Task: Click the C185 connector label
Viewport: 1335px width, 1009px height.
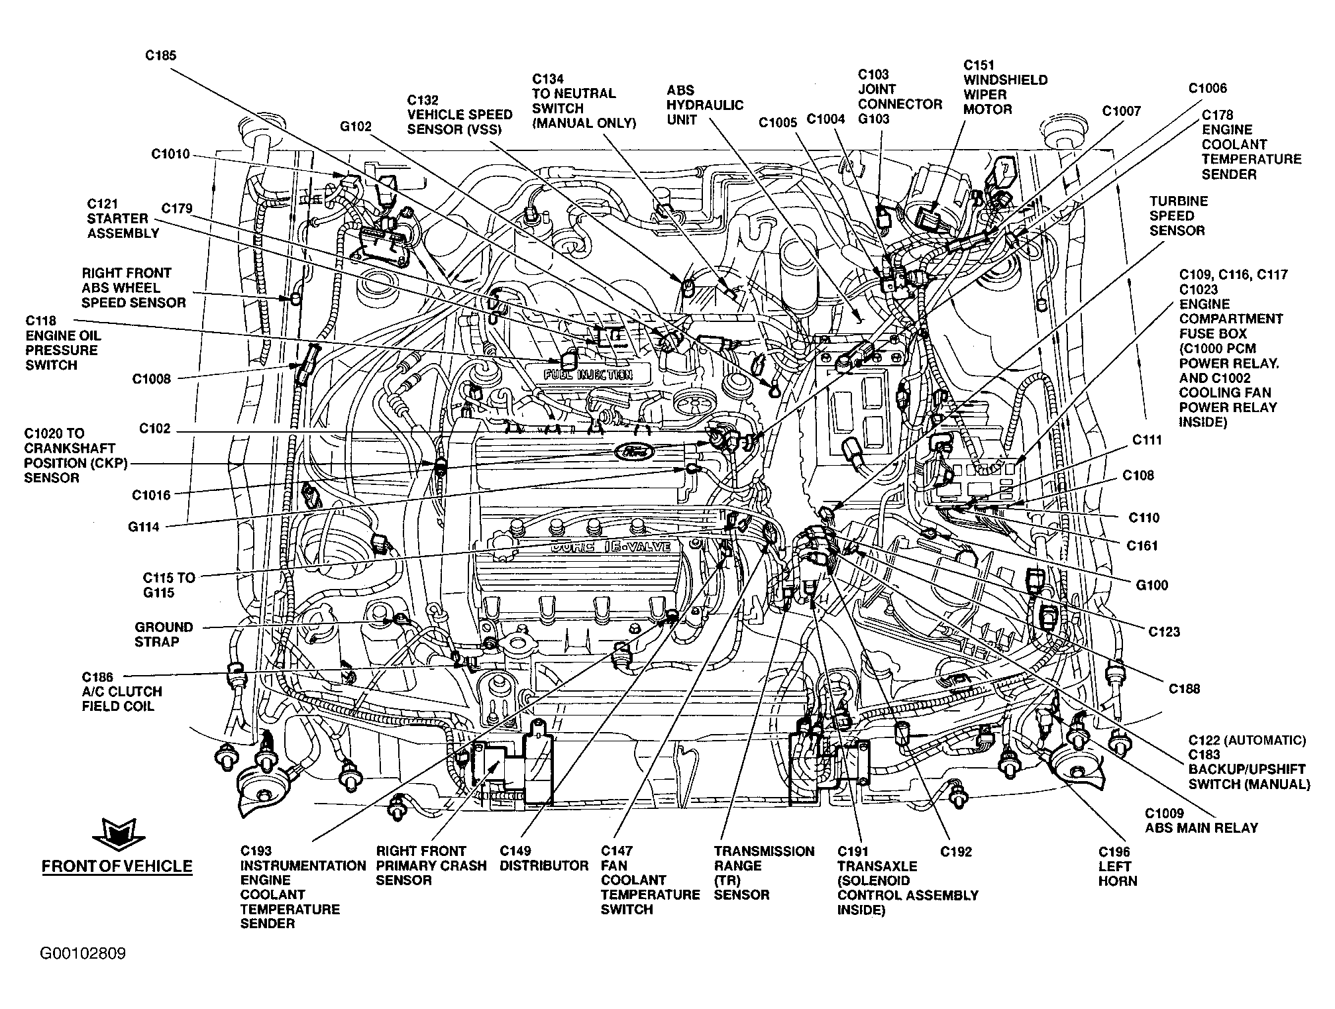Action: click(161, 56)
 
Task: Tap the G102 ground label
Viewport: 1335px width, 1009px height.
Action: click(356, 127)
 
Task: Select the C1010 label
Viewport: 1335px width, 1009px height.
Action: click(170, 154)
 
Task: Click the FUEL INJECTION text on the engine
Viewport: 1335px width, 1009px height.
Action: click(588, 374)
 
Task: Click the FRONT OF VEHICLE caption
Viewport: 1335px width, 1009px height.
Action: click(117, 867)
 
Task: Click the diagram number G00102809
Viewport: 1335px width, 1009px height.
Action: click(83, 954)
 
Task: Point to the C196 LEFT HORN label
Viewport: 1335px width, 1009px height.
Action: click(1118, 867)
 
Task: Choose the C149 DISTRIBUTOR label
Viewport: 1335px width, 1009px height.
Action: click(544, 859)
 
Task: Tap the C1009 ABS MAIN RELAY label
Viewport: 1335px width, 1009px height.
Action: click(1201, 820)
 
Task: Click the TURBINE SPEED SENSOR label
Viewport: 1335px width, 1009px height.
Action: click(1177, 216)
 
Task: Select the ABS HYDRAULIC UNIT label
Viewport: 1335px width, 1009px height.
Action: click(705, 105)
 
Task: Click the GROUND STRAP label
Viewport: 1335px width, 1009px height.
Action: click(164, 634)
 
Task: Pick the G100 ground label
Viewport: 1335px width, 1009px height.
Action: click(1152, 585)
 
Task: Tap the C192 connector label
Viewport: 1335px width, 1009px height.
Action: click(956, 851)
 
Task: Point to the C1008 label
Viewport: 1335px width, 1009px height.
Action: click(151, 379)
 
